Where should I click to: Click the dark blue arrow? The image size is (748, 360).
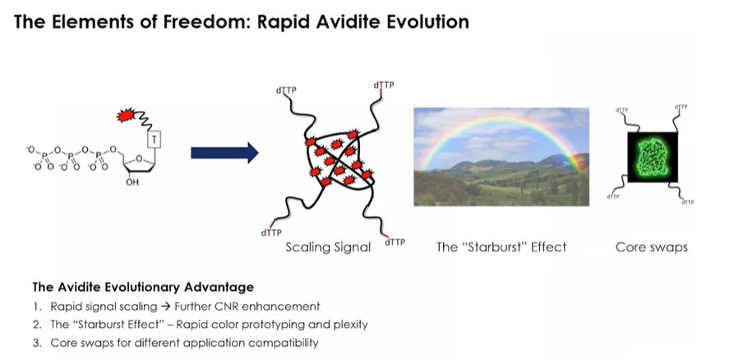[224, 153]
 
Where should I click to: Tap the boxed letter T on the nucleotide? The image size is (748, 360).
[155, 140]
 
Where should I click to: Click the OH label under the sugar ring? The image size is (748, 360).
[132, 182]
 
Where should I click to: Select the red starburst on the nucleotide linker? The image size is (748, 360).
[126, 115]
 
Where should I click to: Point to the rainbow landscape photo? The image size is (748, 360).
[501, 157]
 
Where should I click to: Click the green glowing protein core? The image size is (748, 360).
[652, 157]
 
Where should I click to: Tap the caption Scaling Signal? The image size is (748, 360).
[328, 247]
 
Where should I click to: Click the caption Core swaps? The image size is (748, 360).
[652, 247]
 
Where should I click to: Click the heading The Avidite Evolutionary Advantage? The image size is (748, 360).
[143, 287]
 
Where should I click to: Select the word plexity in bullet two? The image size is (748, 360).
[351, 325]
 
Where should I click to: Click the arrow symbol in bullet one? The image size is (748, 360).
[165, 306]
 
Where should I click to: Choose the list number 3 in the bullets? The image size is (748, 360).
[36, 343]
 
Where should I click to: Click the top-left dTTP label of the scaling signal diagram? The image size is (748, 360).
[286, 90]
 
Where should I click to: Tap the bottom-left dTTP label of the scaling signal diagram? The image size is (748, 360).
[271, 233]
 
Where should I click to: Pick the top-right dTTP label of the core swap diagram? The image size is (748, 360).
[681, 107]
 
